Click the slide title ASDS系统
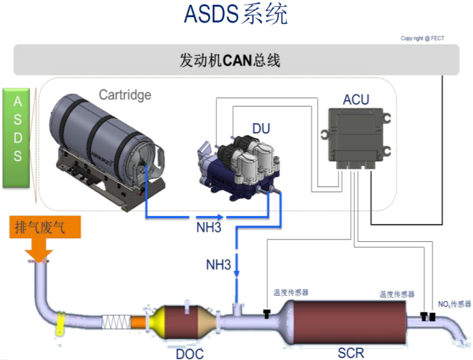(235, 15)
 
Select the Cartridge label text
(125, 94)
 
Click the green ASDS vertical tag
(18, 137)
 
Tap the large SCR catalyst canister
(350, 318)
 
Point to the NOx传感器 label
(454, 303)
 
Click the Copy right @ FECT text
(422, 38)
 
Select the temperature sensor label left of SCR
(291, 292)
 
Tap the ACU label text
(356, 100)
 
